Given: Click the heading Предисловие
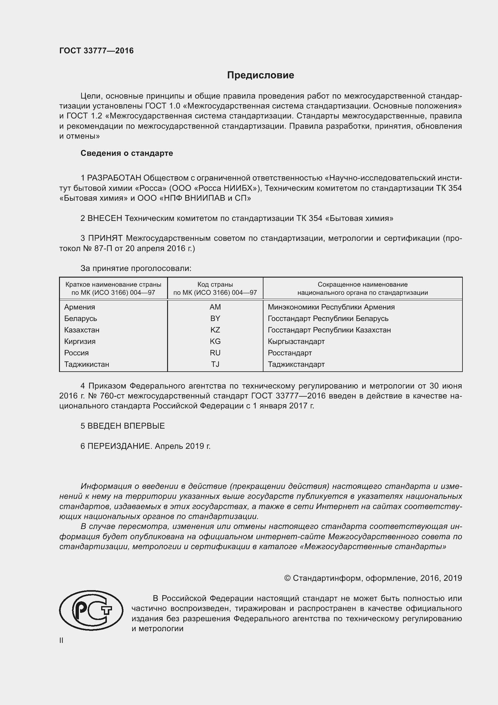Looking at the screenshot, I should pos(260,75).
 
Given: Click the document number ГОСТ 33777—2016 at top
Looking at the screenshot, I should pos(96,51).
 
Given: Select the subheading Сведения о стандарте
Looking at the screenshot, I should pos(127,153).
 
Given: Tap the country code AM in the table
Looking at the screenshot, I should pos(215,307).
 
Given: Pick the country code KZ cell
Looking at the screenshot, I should pos(215,330).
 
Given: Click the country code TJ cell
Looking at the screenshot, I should pos(215,364).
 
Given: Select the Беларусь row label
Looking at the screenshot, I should pos(80,318).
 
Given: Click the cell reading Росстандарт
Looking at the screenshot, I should pos(289,353).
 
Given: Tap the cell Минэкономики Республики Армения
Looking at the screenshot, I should pos(331,307).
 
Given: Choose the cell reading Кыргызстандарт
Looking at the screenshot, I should pos(296,341).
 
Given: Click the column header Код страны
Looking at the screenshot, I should pos(215,284).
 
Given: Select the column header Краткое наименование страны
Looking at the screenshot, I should pos(113,284).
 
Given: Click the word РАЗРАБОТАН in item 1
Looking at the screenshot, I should pos(114,178).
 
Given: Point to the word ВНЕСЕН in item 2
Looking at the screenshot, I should pos(105,218).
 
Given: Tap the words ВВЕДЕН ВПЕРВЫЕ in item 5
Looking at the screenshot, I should pos(126,426).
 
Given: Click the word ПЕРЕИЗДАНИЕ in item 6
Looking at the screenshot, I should pos(120,446).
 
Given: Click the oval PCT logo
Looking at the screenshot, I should pos(91,610).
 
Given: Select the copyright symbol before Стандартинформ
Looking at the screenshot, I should pos(287,578).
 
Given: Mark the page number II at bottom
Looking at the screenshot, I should pos(61,640).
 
